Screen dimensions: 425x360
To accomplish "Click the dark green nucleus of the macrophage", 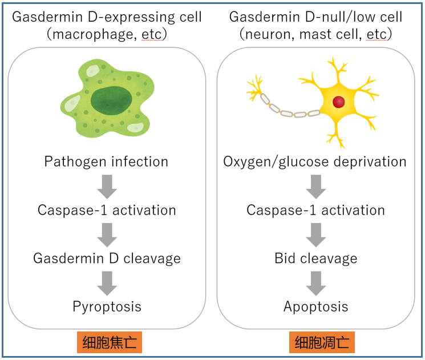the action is pyautogui.click(x=111, y=101).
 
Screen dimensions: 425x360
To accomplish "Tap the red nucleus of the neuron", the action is pyautogui.click(x=338, y=102).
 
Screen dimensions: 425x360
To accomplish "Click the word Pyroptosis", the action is pyautogui.click(x=107, y=307).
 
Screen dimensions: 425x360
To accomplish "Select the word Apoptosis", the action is pyautogui.click(x=316, y=307).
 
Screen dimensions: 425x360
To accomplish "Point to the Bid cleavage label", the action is pyautogui.click(x=316, y=258).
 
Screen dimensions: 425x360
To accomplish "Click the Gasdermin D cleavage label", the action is pyautogui.click(x=107, y=258).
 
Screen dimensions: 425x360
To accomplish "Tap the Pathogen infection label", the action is pyautogui.click(x=106, y=162).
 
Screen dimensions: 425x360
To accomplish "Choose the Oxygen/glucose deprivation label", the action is pyautogui.click(x=315, y=162).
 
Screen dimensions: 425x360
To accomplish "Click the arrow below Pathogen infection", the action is pyautogui.click(x=107, y=187).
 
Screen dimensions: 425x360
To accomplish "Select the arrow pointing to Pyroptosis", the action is pyautogui.click(x=107, y=284).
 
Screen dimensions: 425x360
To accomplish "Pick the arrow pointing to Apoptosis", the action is pyautogui.click(x=316, y=284).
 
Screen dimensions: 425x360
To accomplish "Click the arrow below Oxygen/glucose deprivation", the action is pyautogui.click(x=316, y=187).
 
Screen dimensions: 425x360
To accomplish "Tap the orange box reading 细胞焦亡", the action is pyautogui.click(x=110, y=342).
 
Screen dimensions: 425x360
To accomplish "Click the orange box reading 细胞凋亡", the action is pyautogui.click(x=322, y=342).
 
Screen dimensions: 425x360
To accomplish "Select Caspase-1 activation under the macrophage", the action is pyautogui.click(x=107, y=211).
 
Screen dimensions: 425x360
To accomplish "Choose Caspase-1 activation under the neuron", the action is pyautogui.click(x=316, y=211).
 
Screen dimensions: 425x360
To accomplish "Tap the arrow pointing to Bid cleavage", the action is pyautogui.click(x=316, y=235).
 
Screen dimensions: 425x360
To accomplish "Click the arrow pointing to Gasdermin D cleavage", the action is pyautogui.click(x=107, y=235).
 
